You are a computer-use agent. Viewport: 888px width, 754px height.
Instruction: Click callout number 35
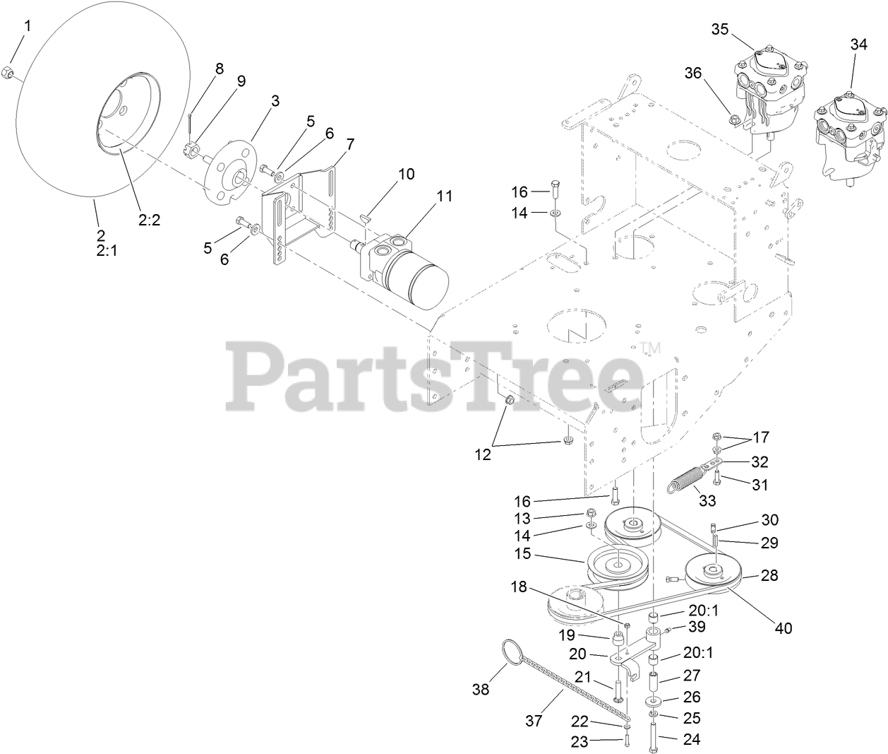pos(719,29)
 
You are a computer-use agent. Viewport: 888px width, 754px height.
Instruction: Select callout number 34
pos(858,44)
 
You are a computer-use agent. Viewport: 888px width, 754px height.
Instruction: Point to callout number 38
pos(481,688)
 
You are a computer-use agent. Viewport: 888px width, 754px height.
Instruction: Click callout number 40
pos(784,628)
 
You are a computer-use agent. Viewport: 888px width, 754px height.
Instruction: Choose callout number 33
pos(707,501)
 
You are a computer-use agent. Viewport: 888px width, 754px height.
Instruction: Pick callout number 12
pos(482,455)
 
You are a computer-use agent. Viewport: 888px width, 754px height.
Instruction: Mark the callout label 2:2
pos(149,220)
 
